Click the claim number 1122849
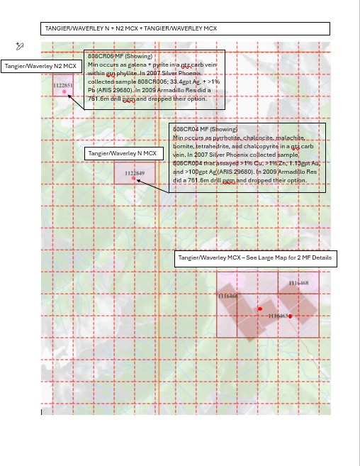pyautogui.click(x=135, y=173)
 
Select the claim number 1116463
pyautogui.click(x=279, y=316)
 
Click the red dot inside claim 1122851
pyautogui.click(x=64, y=92)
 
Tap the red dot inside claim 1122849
pyautogui.click(x=133, y=179)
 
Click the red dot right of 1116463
pyautogui.click(x=291, y=316)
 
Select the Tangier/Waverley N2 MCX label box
pyautogui.click(x=41, y=66)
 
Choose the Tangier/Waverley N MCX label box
pyautogui.click(x=124, y=153)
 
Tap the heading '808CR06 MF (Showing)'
pyautogui.click(x=120, y=56)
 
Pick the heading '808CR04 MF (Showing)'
pyautogui.click(x=205, y=130)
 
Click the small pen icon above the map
pyautogui.click(x=20, y=46)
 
